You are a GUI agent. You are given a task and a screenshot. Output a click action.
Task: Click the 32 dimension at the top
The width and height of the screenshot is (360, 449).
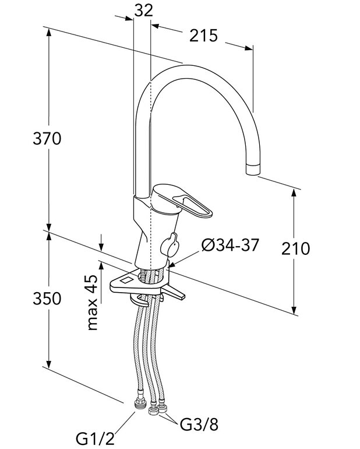click(x=144, y=11)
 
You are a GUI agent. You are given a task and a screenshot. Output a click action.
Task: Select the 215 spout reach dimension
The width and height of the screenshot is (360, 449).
click(x=203, y=36)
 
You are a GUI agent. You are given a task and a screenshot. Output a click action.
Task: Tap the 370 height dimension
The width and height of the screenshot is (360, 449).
click(x=47, y=139)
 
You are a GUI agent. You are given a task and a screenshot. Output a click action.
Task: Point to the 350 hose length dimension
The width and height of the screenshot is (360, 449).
click(x=47, y=299)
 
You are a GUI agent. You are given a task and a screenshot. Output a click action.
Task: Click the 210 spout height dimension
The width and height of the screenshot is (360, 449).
click(x=295, y=248)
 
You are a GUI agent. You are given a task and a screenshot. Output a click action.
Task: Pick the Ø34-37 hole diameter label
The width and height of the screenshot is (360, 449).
click(x=230, y=245)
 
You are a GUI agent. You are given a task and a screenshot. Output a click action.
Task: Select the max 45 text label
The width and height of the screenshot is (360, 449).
click(x=93, y=303)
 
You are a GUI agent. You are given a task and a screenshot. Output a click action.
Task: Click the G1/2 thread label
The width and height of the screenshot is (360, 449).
click(x=96, y=439)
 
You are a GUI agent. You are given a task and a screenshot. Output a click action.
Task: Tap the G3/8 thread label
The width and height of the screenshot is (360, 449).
click(x=199, y=425)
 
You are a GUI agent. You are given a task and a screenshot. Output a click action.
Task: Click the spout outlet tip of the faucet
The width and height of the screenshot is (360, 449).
click(x=253, y=169)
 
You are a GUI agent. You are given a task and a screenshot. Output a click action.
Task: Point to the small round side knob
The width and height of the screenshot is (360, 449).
click(x=170, y=245)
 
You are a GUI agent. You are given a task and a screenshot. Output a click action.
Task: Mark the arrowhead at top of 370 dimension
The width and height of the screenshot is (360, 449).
click(x=49, y=32)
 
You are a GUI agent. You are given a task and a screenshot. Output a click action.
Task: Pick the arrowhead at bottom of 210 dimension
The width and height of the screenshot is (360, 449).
click(x=294, y=310)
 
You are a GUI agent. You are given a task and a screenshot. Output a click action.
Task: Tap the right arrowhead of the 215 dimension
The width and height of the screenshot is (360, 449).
click(x=249, y=48)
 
